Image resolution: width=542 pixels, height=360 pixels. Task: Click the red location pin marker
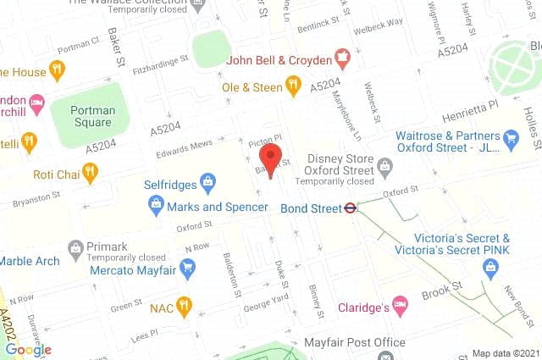coord(270,158)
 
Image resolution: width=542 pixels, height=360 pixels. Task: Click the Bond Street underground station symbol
coord(347,207)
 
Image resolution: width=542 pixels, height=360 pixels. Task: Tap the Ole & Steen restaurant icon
coord(293,84)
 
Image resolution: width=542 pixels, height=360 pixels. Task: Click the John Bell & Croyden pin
coord(343,59)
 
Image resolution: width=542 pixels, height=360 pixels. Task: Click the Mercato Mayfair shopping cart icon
coord(187,270)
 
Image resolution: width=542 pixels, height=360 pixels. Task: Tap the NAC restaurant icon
coord(184,307)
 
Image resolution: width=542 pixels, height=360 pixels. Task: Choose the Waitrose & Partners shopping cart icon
coord(510,136)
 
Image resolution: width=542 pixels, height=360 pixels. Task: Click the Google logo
coord(28,349)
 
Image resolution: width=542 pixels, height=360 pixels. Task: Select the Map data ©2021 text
coord(505,352)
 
